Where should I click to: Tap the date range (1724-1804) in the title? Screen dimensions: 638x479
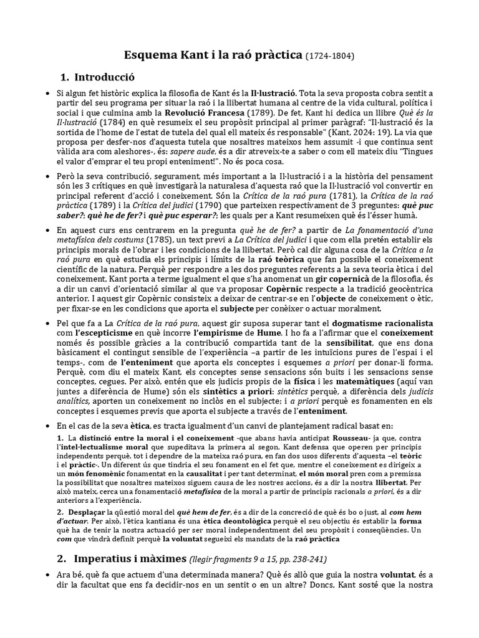click(330, 56)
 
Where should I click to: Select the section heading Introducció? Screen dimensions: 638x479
click(105, 77)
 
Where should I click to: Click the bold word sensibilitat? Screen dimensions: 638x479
click(347, 347)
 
